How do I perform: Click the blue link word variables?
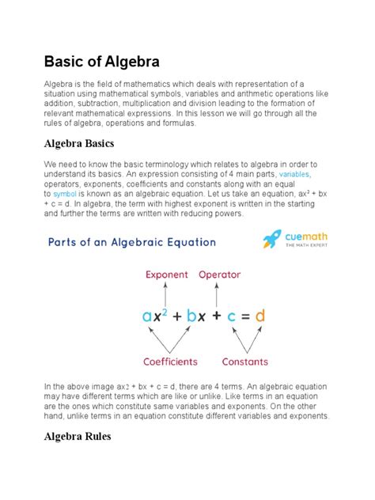pyautogui.click(x=294, y=172)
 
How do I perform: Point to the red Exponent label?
pyautogui.click(x=165, y=275)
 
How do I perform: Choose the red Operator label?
pyautogui.click(x=219, y=275)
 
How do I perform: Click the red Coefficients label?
pyautogui.click(x=170, y=362)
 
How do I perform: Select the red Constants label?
pyautogui.click(x=244, y=362)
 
